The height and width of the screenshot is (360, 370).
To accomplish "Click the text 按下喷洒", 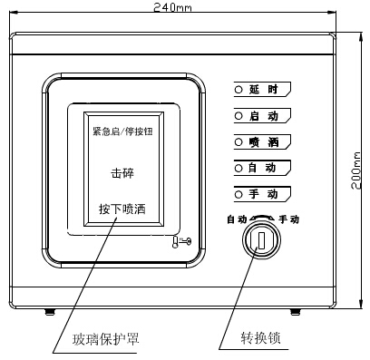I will pos(122,209).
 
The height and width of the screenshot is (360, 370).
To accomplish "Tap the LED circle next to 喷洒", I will pos(239,142).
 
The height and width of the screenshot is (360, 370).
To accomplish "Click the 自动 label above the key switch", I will pos(237,219).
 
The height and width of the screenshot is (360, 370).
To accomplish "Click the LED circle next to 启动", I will pos(239,116).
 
